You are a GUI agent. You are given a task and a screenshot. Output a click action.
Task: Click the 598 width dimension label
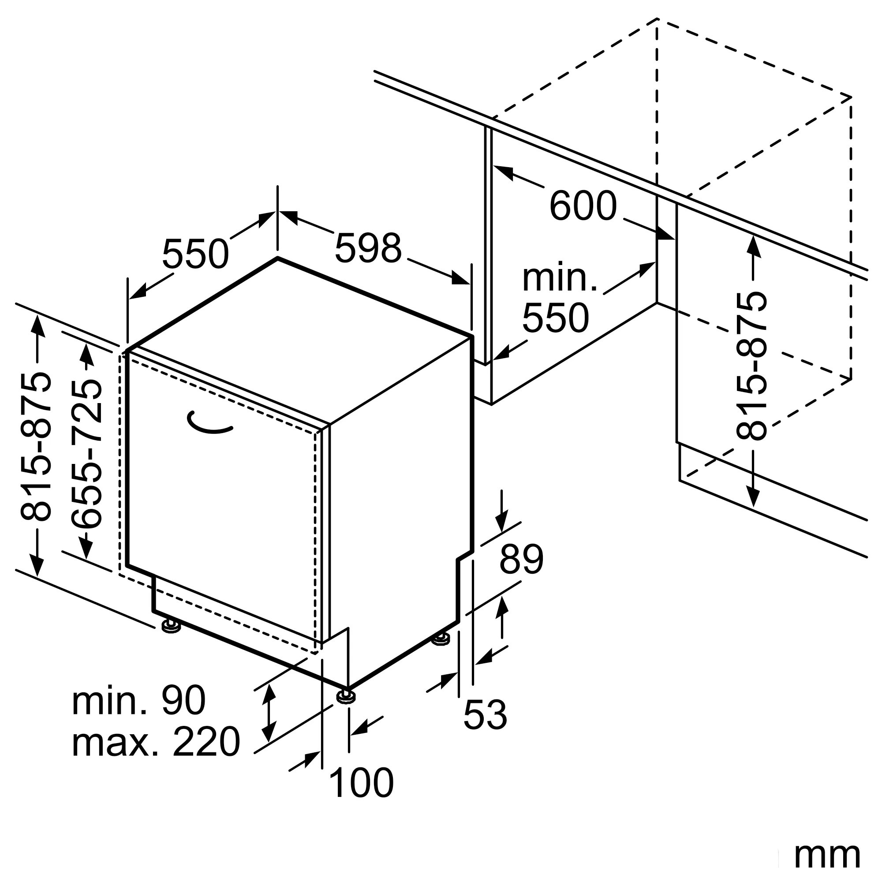pos(368,248)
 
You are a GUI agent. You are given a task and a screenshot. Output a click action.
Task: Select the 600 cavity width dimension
pos(583,206)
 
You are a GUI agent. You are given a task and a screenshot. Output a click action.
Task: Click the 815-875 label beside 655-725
pos(36,447)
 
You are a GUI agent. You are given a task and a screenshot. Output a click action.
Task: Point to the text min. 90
pos(139,701)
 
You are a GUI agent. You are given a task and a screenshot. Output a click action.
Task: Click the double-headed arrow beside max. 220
pos(270,719)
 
